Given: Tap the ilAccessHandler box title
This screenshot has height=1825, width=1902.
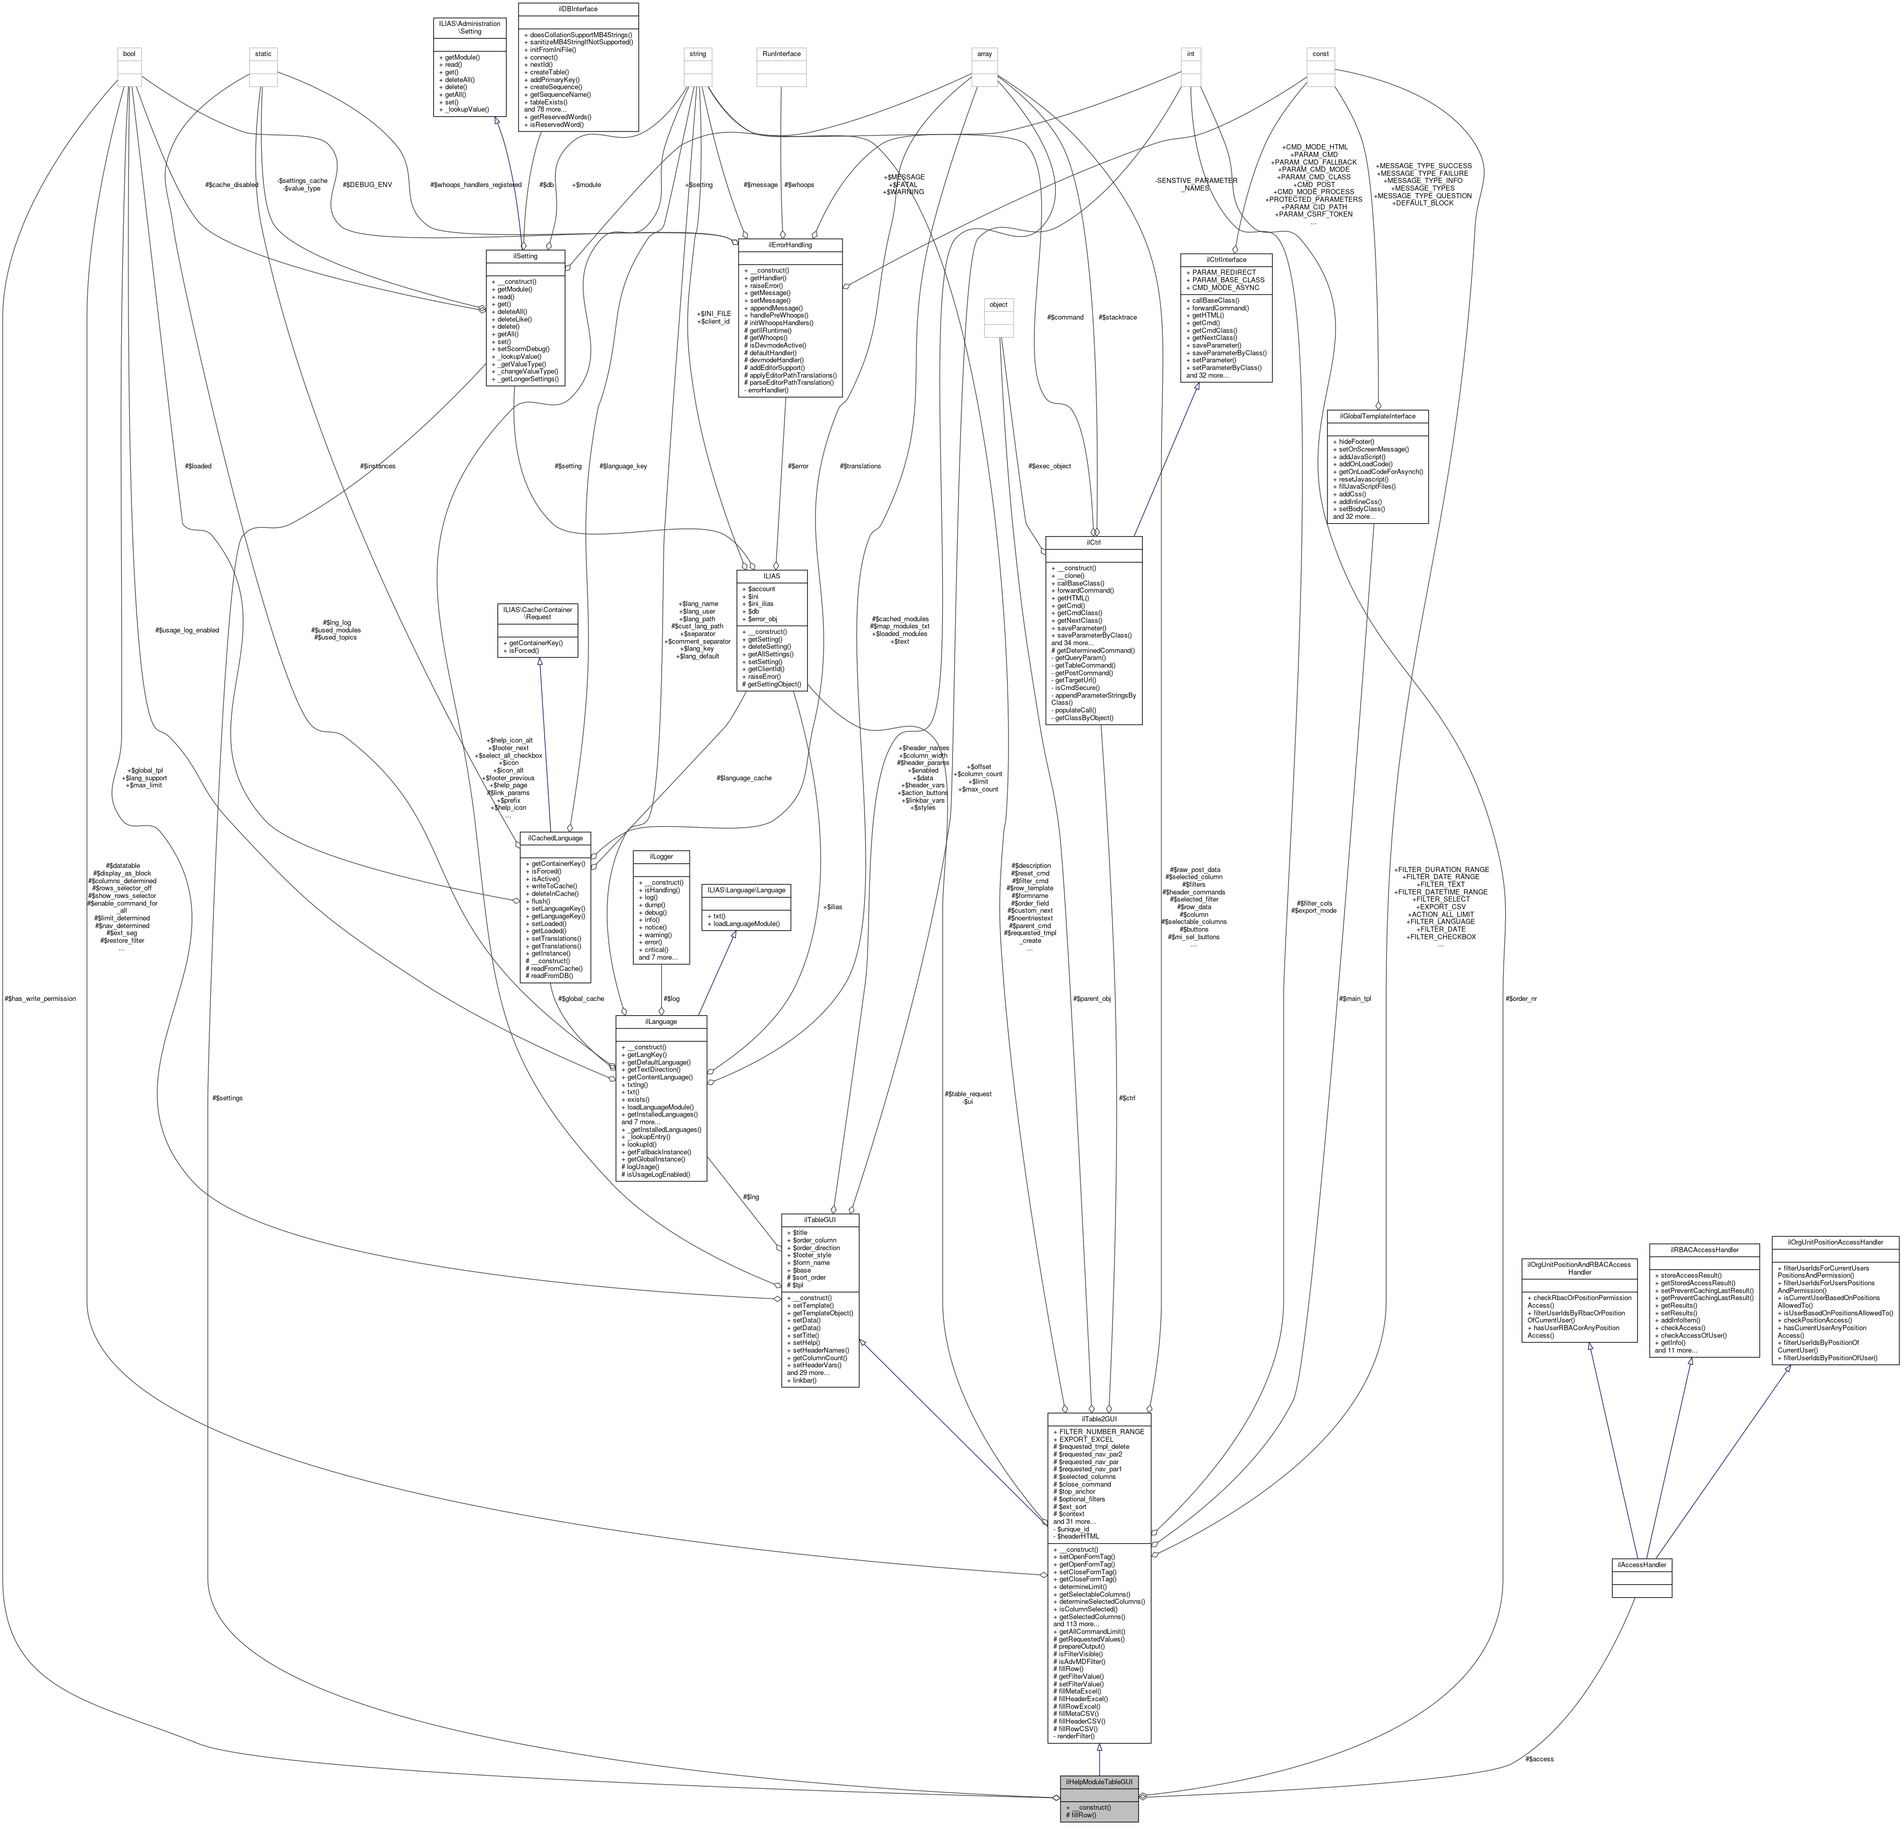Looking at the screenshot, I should pyautogui.click(x=1641, y=1565).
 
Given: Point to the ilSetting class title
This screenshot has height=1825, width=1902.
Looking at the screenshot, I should pyautogui.click(x=525, y=256).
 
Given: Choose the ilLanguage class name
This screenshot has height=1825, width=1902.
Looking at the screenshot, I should pyautogui.click(x=661, y=1021).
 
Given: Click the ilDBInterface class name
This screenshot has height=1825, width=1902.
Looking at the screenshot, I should pyautogui.click(x=578, y=9).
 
